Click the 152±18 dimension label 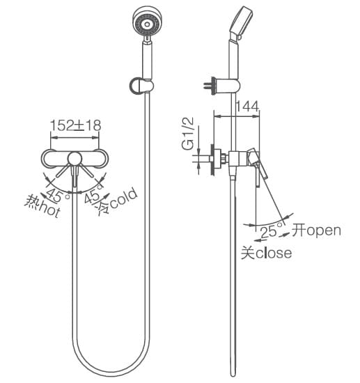pos(75,125)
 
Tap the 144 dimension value pos(246,107)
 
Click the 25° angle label pos(271,230)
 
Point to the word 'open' pos(324,230)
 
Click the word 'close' pos(274,253)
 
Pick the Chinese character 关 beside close pos(248,253)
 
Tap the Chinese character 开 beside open pos(299,230)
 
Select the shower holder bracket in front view pos(141,85)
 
